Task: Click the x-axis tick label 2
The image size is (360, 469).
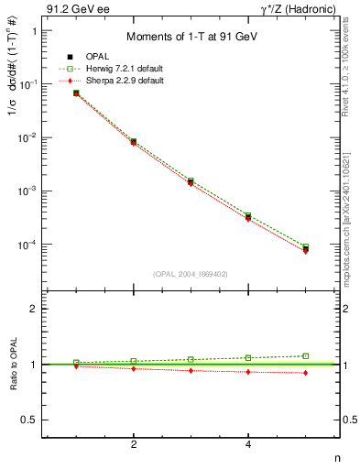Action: pyautogui.click(x=134, y=444)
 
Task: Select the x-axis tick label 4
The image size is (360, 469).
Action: pyautogui.click(x=248, y=444)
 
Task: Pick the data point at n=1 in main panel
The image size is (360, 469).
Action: pyautogui.click(x=76, y=93)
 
